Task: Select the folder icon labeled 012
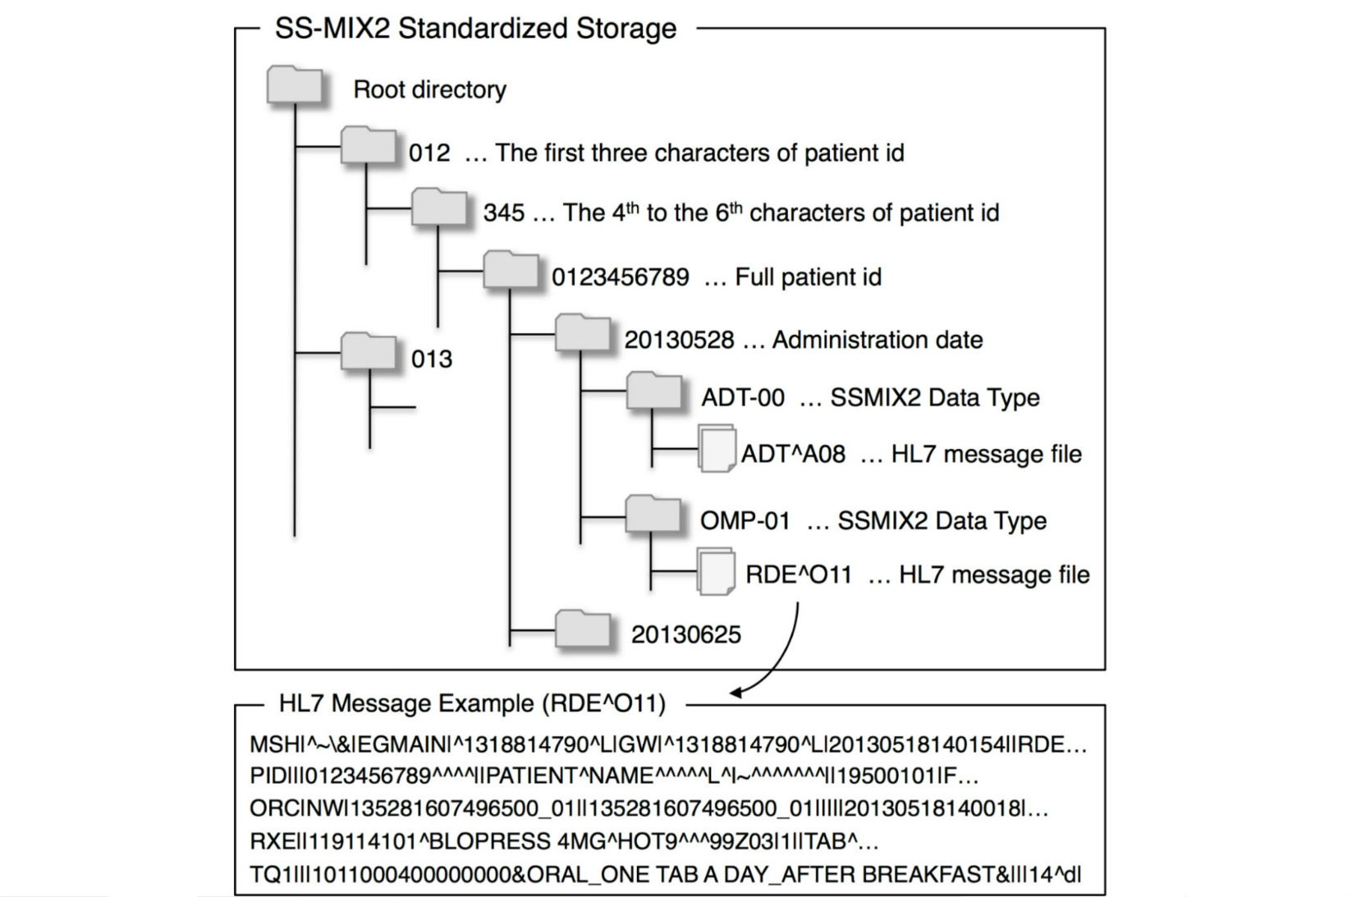tap(369, 146)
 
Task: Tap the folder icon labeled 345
tap(439, 208)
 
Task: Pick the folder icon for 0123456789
tap(511, 270)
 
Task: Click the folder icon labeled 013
tap(369, 351)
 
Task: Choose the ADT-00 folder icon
tap(654, 391)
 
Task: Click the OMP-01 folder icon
tap(654, 515)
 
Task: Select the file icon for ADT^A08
tap(717, 448)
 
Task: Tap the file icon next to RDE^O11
tap(716, 570)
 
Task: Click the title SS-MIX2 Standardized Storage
tap(475, 29)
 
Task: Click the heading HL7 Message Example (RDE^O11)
tap(471, 703)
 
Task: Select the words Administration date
tap(878, 340)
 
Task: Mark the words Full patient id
tap(808, 277)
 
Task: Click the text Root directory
tap(429, 89)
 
